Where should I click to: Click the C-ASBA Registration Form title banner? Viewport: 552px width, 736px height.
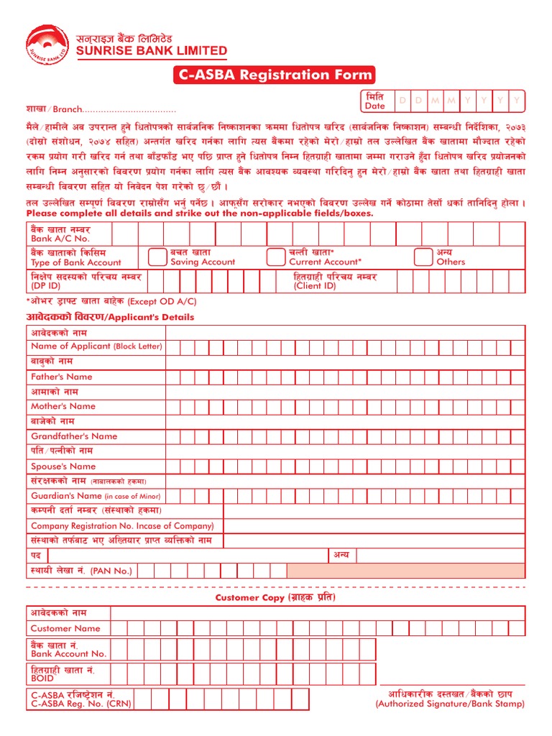(272, 75)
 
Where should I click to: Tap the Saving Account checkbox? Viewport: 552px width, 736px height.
(157, 257)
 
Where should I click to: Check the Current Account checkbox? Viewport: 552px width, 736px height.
(275, 257)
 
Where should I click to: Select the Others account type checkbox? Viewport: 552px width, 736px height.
(423, 257)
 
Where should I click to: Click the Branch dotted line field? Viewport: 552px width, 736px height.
(130, 110)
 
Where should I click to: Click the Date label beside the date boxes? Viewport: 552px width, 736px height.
(375, 106)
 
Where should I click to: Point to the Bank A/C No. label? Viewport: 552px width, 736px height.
(60, 238)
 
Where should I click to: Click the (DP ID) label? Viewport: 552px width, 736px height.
(46, 286)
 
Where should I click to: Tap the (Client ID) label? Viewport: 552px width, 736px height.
(314, 286)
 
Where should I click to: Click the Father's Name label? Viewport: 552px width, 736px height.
(62, 377)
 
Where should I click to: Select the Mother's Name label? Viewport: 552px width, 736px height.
(63, 406)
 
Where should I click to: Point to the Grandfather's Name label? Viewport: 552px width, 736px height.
(74, 436)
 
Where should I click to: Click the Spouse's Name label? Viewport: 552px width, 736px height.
(63, 466)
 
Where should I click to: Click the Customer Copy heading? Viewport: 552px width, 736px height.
(275, 598)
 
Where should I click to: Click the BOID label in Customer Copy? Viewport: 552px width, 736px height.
(42, 678)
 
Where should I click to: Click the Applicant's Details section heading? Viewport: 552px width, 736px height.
(110, 317)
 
